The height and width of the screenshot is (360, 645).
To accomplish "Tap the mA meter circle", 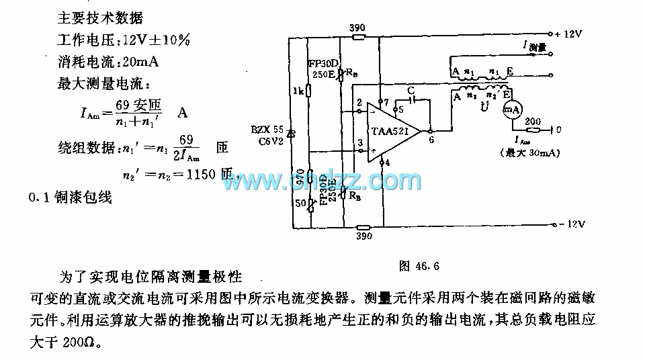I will [x=512, y=109].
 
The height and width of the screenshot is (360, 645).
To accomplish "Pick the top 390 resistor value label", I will [x=359, y=28].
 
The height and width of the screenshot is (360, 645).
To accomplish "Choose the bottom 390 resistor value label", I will [x=363, y=237].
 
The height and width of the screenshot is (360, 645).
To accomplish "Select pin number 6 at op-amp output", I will [x=431, y=140].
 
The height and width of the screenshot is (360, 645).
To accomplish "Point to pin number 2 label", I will [x=359, y=103].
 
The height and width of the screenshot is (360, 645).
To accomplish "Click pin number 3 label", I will [x=359, y=142].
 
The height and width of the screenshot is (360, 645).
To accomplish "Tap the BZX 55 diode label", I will [x=268, y=128].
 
